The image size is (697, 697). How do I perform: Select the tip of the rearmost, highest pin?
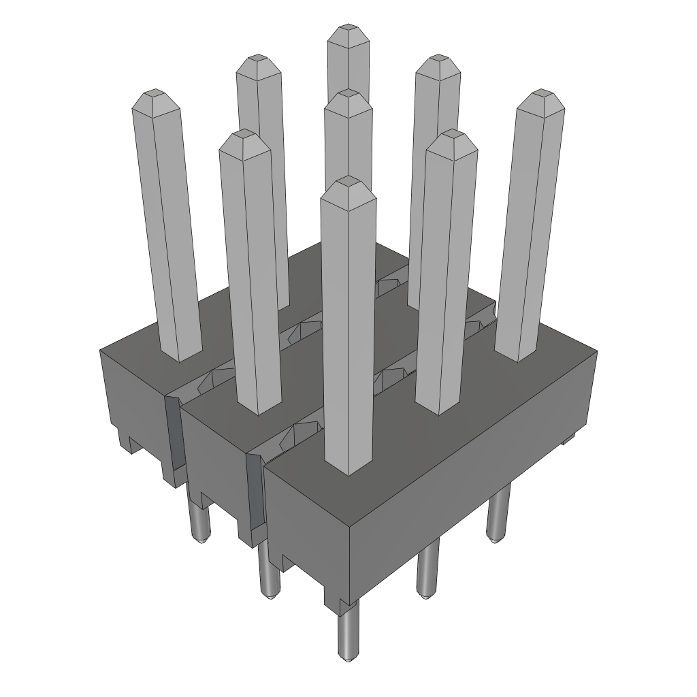348,29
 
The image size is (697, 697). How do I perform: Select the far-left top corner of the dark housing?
100,348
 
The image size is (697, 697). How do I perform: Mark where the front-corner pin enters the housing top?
349,470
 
